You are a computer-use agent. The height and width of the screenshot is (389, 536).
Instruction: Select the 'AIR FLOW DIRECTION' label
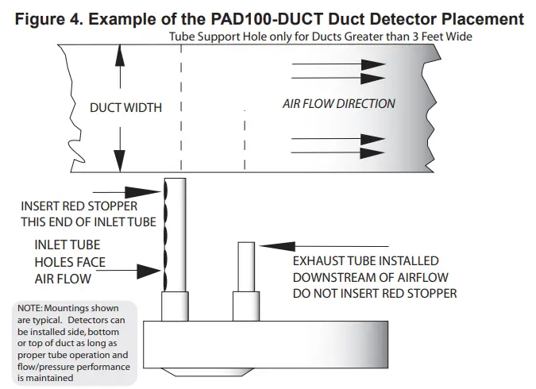338,104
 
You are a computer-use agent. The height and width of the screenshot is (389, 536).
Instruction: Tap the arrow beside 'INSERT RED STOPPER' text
126,191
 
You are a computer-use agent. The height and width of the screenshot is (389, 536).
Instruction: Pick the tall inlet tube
175,234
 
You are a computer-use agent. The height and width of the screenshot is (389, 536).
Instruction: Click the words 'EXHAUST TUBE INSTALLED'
365,260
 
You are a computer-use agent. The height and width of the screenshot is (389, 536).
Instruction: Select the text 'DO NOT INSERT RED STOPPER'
375,294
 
